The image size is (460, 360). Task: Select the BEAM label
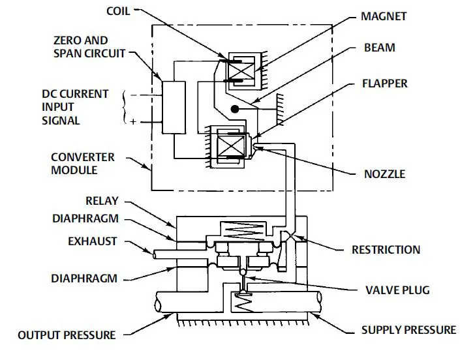click(380, 49)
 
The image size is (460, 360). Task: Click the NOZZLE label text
click(384, 174)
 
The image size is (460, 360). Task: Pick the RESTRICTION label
click(386, 250)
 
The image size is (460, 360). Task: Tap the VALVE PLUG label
click(389, 290)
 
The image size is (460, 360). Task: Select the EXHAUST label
click(93, 241)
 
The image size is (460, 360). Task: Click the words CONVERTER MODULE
click(82, 164)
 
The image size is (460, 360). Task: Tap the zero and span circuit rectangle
click(173, 108)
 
